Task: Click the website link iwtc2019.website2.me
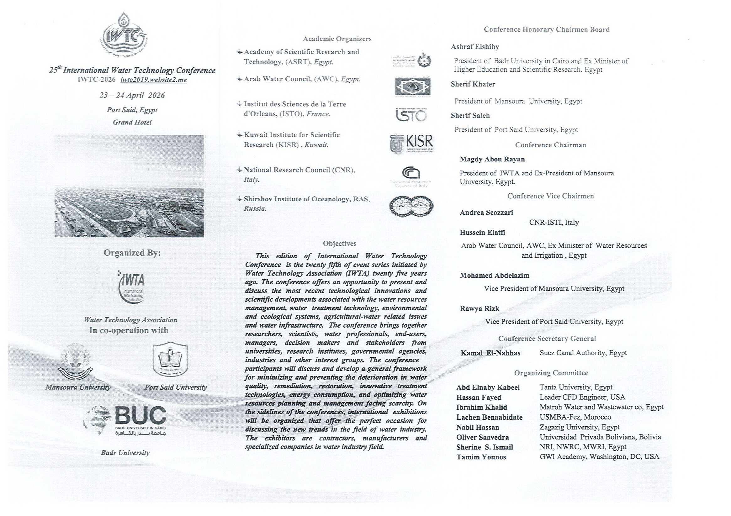(153, 80)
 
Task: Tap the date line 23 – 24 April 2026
(132, 95)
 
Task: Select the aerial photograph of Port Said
(129, 186)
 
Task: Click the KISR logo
(412, 144)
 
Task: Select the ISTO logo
(411, 115)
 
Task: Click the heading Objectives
(339, 244)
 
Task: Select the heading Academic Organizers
(337, 39)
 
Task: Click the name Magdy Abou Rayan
(492, 159)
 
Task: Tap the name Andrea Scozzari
(486, 212)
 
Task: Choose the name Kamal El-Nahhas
(490, 353)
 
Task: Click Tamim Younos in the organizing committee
(481, 457)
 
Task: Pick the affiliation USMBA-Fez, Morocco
(575, 417)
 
